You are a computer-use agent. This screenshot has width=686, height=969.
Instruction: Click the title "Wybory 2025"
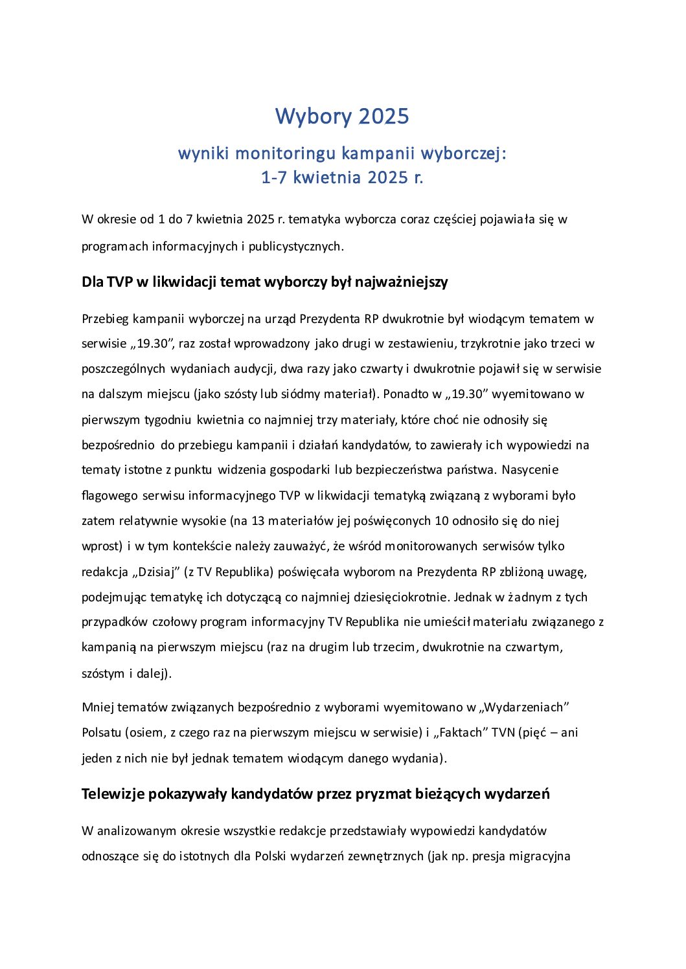pyautogui.click(x=342, y=117)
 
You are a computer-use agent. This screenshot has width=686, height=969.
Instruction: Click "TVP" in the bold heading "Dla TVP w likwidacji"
pyautogui.click(x=120, y=282)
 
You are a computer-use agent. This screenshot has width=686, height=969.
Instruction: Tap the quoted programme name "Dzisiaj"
pyautogui.click(x=156, y=572)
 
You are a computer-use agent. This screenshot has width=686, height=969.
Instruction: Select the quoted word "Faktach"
pyautogui.click(x=461, y=733)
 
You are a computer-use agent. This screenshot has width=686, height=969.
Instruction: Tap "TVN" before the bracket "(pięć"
pyautogui.click(x=503, y=733)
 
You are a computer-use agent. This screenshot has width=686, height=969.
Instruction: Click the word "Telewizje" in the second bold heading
pyautogui.click(x=113, y=794)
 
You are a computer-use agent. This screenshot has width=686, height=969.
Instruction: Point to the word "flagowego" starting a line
pyautogui.click(x=109, y=496)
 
